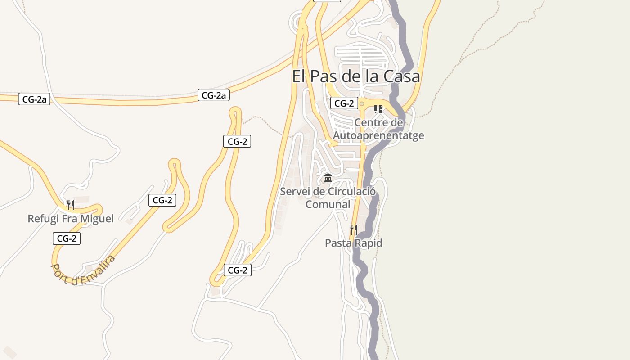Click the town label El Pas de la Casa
pos(356,76)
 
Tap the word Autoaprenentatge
pos(378,135)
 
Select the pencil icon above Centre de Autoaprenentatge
pos(378,109)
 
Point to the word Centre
pos(372,122)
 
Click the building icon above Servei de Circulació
pos(328,178)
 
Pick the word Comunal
pos(328,204)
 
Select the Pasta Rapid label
pos(354,243)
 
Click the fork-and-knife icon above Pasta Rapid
pos(354,230)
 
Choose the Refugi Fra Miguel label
pos(71,219)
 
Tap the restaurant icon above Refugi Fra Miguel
pos(70,205)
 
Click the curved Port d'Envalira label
pos(83,270)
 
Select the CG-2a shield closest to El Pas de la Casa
pos(214,95)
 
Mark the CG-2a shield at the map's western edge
pos(34,99)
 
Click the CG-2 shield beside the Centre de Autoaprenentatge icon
pos(344,103)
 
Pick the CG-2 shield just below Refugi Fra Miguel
pos(67,238)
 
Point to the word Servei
pos(295,191)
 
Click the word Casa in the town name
pos(402,76)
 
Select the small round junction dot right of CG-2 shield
pos(361,103)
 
